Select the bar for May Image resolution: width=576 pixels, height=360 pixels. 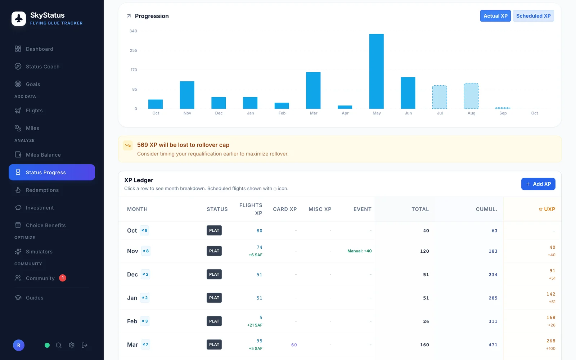[x=377, y=71]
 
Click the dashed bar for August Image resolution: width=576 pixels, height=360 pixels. [x=471, y=96]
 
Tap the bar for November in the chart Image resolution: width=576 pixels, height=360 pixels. [x=187, y=95]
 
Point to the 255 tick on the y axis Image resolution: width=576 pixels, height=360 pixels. [x=133, y=50]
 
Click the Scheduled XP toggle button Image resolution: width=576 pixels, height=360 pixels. [x=533, y=16]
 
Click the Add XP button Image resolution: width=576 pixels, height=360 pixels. [x=538, y=184]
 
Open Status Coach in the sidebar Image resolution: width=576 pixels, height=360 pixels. [x=42, y=66]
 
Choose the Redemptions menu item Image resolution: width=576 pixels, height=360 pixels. [x=42, y=190]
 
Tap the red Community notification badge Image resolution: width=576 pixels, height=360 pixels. [x=63, y=278]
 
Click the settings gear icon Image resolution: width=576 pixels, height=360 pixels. [x=72, y=345]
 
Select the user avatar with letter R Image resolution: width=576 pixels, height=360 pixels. [x=18, y=345]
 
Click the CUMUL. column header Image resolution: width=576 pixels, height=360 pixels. [x=486, y=209]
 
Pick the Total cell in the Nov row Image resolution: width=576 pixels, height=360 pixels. [x=424, y=251]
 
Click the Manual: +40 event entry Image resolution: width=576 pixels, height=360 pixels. [x=359, y=251]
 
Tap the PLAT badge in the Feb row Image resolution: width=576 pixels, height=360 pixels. [x=214, y=321]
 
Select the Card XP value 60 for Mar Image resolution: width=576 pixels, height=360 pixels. [x=294, y=345]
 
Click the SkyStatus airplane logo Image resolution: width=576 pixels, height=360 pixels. [x=18, y=18]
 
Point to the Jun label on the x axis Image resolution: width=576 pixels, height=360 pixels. [x=408, y=113]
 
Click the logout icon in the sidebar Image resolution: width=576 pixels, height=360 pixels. [x=85, y=345]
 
